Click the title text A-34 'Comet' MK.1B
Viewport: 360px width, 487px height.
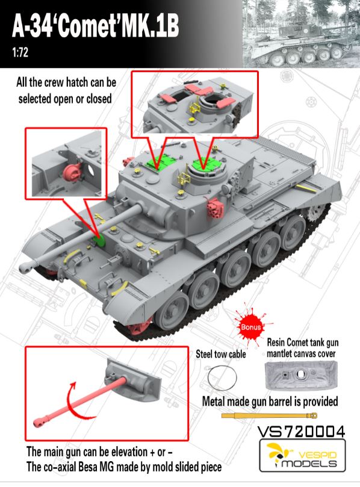95,26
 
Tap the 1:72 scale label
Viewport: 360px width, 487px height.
20,52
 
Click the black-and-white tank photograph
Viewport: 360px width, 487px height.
300,34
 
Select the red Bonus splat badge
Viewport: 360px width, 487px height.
250,327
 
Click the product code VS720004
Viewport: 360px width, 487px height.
301,432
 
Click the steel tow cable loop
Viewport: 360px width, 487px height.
222,378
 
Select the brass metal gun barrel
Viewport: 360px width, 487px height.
269,415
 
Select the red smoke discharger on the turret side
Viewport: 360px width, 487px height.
216,206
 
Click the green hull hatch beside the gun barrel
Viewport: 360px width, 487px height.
99,240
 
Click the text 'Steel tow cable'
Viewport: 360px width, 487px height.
221,354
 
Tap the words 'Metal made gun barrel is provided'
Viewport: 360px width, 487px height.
270,402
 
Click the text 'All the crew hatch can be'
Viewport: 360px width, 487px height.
66,82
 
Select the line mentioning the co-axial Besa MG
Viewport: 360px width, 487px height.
124,467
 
